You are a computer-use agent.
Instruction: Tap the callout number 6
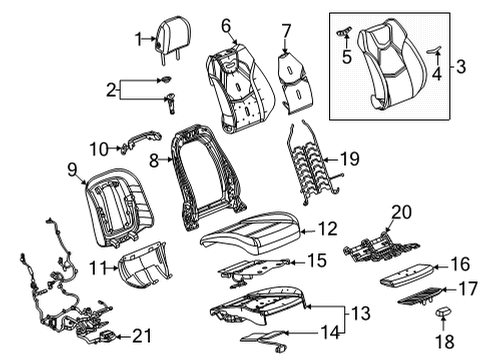coord(226,24)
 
